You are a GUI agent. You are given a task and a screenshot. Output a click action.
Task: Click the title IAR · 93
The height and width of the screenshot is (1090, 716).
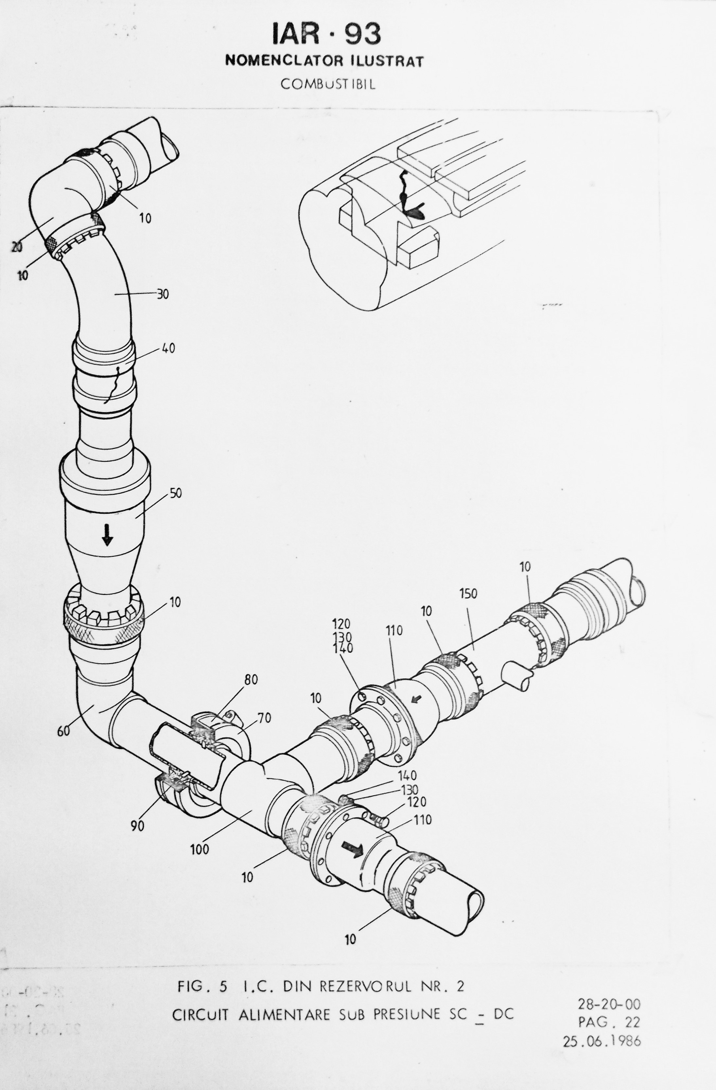(326, 34)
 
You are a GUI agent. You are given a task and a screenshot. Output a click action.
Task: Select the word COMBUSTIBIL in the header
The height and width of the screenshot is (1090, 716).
(328, 84)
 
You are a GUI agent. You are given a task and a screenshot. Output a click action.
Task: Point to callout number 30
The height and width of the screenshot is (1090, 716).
(163, 294)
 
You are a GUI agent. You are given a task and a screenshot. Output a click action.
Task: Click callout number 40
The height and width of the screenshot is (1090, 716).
(168, 348)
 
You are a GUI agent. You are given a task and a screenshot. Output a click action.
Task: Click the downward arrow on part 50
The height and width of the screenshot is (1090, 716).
(107, 534)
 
